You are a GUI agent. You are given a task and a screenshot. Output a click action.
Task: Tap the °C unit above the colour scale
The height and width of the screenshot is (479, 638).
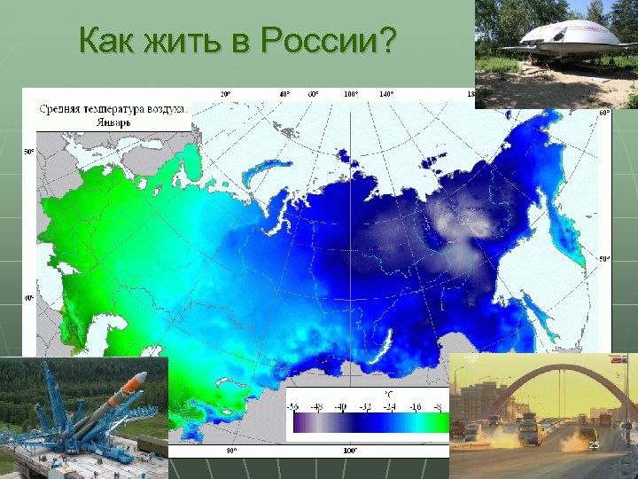tap(387, 393)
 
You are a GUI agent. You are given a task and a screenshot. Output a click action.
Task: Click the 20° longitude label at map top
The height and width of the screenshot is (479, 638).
tap(226, 93)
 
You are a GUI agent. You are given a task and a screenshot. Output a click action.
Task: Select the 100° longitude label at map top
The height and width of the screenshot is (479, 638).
tap(351, 93)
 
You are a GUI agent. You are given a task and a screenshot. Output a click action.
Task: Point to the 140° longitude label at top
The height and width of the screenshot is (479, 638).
tap(386, 93)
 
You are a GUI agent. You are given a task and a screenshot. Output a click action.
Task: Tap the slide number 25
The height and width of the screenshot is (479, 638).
tap(595, 444)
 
